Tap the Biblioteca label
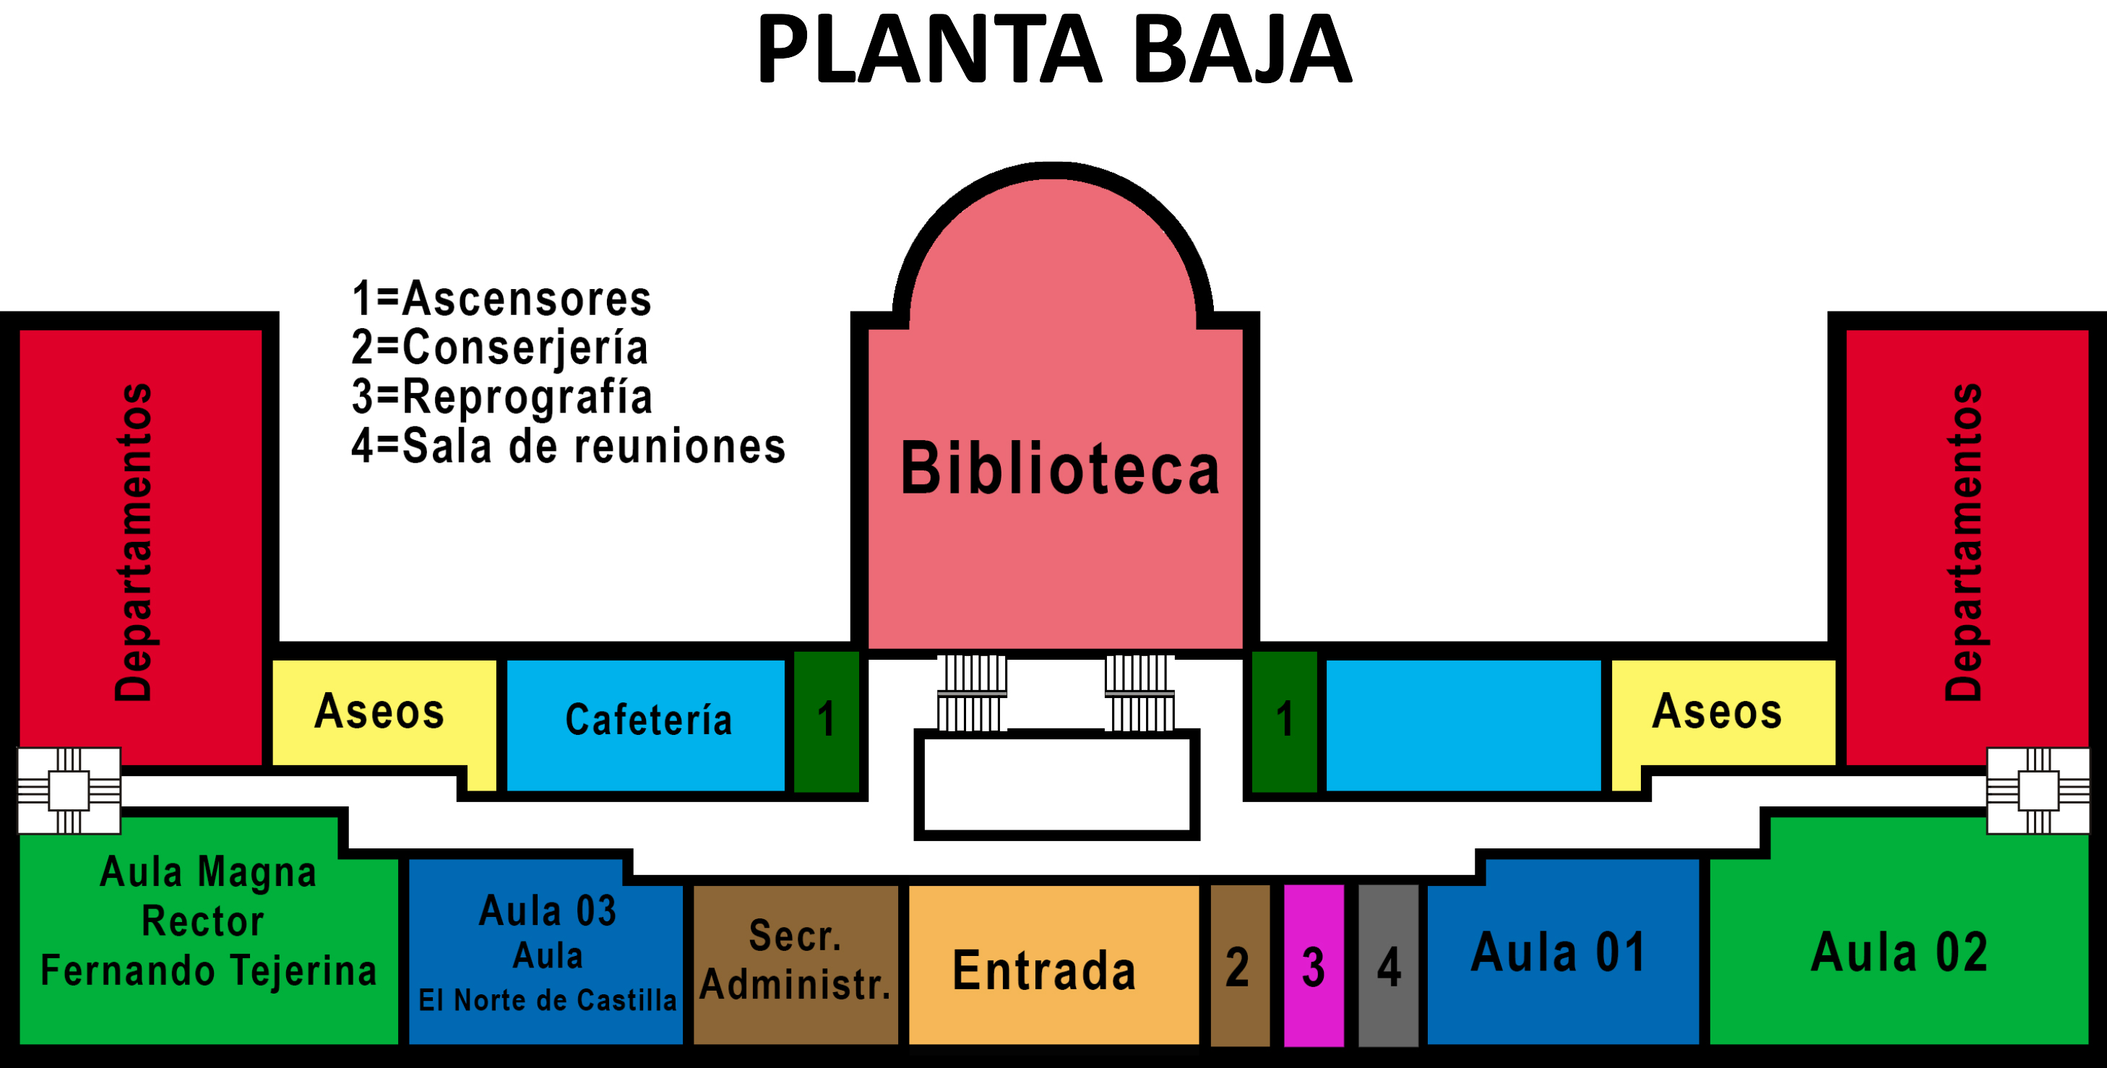[x=1060, y=468]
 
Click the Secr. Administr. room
[x=795, y=962]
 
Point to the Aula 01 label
[x=1558, y=952]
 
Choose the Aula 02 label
[x=1899, y=952]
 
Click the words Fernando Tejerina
[x=209, y=971]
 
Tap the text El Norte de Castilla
[x=547, y=1000]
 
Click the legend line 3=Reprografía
[x=501, y=397]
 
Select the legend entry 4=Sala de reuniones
[x=569, y=447]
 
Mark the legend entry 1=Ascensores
[x=501, y=299]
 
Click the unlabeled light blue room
[x=1462, y=725]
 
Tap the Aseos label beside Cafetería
[x=379, y=712]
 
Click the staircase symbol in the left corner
[x=69, y=791]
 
